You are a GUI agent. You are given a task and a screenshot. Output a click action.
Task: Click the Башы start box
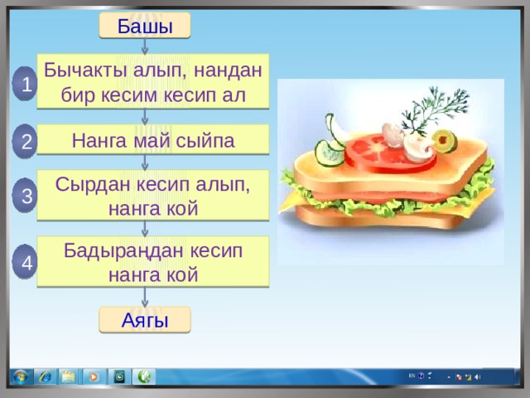point(145,26)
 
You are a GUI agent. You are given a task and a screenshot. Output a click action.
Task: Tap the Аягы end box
point(145,320)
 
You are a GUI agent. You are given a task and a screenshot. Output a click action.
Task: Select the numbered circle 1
point(25,84)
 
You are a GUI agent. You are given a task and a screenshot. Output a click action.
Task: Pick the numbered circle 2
point(25,141)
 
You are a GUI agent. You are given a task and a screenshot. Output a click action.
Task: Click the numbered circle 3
point(25,196)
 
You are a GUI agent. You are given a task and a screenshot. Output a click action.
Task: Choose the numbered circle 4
point(25,262)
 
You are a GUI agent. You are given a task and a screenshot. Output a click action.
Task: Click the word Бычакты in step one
point(85,70)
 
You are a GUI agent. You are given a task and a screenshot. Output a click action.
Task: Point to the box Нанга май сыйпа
point(152,139)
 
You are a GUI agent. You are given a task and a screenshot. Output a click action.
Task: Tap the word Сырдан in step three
point(93,186)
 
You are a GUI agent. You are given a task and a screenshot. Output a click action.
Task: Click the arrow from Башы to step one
point(145,46)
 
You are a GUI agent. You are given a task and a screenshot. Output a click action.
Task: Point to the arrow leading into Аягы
point(145,297)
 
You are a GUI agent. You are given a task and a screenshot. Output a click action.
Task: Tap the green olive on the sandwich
point(445,141)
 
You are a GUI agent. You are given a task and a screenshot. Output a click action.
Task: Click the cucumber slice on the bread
point(329,153)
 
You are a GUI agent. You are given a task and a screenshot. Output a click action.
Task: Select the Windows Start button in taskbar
point(21,376)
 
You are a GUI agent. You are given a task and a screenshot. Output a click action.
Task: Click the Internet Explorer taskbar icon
point(46,376)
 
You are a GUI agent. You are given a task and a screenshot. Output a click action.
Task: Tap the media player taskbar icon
point(94,376)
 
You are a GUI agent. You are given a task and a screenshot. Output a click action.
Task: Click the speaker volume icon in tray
point(477,376)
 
